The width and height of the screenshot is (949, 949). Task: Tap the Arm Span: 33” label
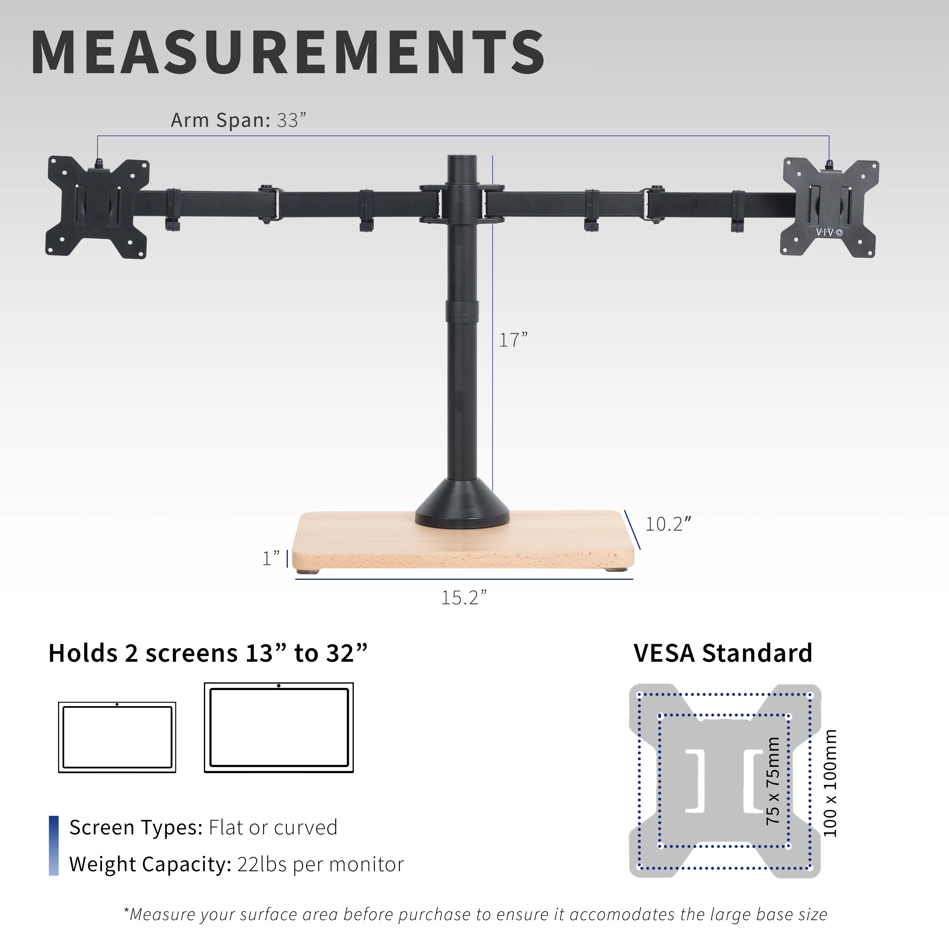[238, 120]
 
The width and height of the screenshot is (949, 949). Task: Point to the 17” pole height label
[513, 340]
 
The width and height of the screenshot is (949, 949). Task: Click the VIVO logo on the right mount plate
[829, 232]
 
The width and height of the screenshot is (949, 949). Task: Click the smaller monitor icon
[117, 737]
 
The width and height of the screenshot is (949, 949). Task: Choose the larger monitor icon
[278, 727]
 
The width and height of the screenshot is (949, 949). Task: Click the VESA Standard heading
[722, 653]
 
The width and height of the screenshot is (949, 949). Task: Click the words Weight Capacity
[150, 864]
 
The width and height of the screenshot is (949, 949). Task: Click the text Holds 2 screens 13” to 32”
[208, 653]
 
